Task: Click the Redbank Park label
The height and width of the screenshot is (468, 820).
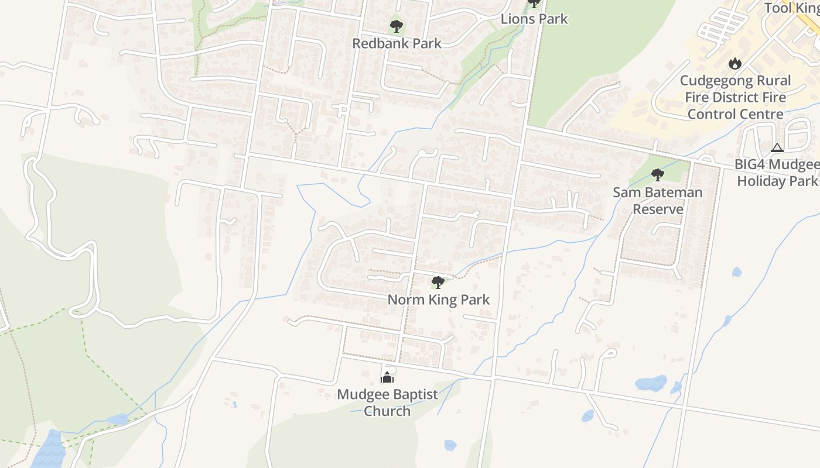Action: pyautogui.click(x=397, y=43)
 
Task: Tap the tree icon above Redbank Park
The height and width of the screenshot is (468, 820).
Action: pyautogui.click(x=397, y=26)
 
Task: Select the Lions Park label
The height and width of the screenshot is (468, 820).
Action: pyautogui.click(x=534, y=19)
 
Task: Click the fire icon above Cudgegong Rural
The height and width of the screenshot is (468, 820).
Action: pyautogui.click(x=734, y=63)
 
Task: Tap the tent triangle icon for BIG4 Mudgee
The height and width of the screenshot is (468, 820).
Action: pyautogui.click(x=777, y=148)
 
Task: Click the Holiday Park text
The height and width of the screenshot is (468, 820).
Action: pyautogui.click(x=777, y=181)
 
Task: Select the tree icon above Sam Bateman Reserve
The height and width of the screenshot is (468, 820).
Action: pyautogui.click(x=657, y=174)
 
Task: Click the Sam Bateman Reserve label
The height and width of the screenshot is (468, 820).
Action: pyautogui.click(x=657, y=201)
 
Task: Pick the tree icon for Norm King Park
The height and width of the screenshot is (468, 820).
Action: pyautogui.click(x=438, y=283)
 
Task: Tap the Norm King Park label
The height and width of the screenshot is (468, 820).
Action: pyautogui.click(x=438, y=300)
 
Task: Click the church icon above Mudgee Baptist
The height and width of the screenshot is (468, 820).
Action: pyautogui.click(x=387, y=377)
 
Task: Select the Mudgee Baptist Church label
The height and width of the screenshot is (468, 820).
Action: pyautogui.click(x=387, y=402)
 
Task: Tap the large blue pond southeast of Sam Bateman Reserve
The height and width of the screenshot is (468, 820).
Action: pyautogui.click(x=651, y=384)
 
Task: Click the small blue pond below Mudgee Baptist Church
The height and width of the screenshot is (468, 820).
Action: pyautogui.click(x=450, y=445)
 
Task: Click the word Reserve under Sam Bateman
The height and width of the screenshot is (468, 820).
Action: pyautogui.click(x=657, y=209)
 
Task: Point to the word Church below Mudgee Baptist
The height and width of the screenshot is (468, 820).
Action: pyautogui.click(x=387, y=411)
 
